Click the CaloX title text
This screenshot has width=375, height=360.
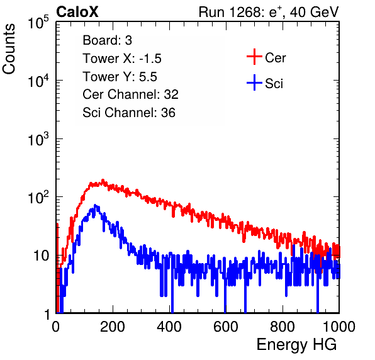(77, 12)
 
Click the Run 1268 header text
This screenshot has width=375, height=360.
(269, 12)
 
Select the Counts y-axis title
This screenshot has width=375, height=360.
(9, 49)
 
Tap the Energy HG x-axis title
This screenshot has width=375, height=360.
(296, 345)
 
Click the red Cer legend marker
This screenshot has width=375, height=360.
(254, 57)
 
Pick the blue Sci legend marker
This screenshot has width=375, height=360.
(254, 82)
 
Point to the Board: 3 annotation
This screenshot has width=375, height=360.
(107, 40)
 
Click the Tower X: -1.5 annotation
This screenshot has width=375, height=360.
(122, 59)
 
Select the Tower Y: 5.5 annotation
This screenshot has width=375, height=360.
(120, 77)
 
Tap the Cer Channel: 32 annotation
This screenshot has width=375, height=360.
(131, 94)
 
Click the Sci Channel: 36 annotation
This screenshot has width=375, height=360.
(129, 113)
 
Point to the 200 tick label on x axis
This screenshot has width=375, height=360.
(113, 327)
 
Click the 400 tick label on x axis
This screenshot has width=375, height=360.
(169, 327)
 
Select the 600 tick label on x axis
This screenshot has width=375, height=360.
(226, 327)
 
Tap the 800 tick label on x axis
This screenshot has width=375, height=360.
(283, 327)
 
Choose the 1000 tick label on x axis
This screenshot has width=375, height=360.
(339, 327)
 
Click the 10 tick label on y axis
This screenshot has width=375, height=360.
(41, 256)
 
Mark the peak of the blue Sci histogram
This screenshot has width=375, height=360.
(95, 205)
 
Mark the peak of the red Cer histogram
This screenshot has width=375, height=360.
(103, 180)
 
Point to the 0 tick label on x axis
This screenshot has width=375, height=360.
(56, 327)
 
